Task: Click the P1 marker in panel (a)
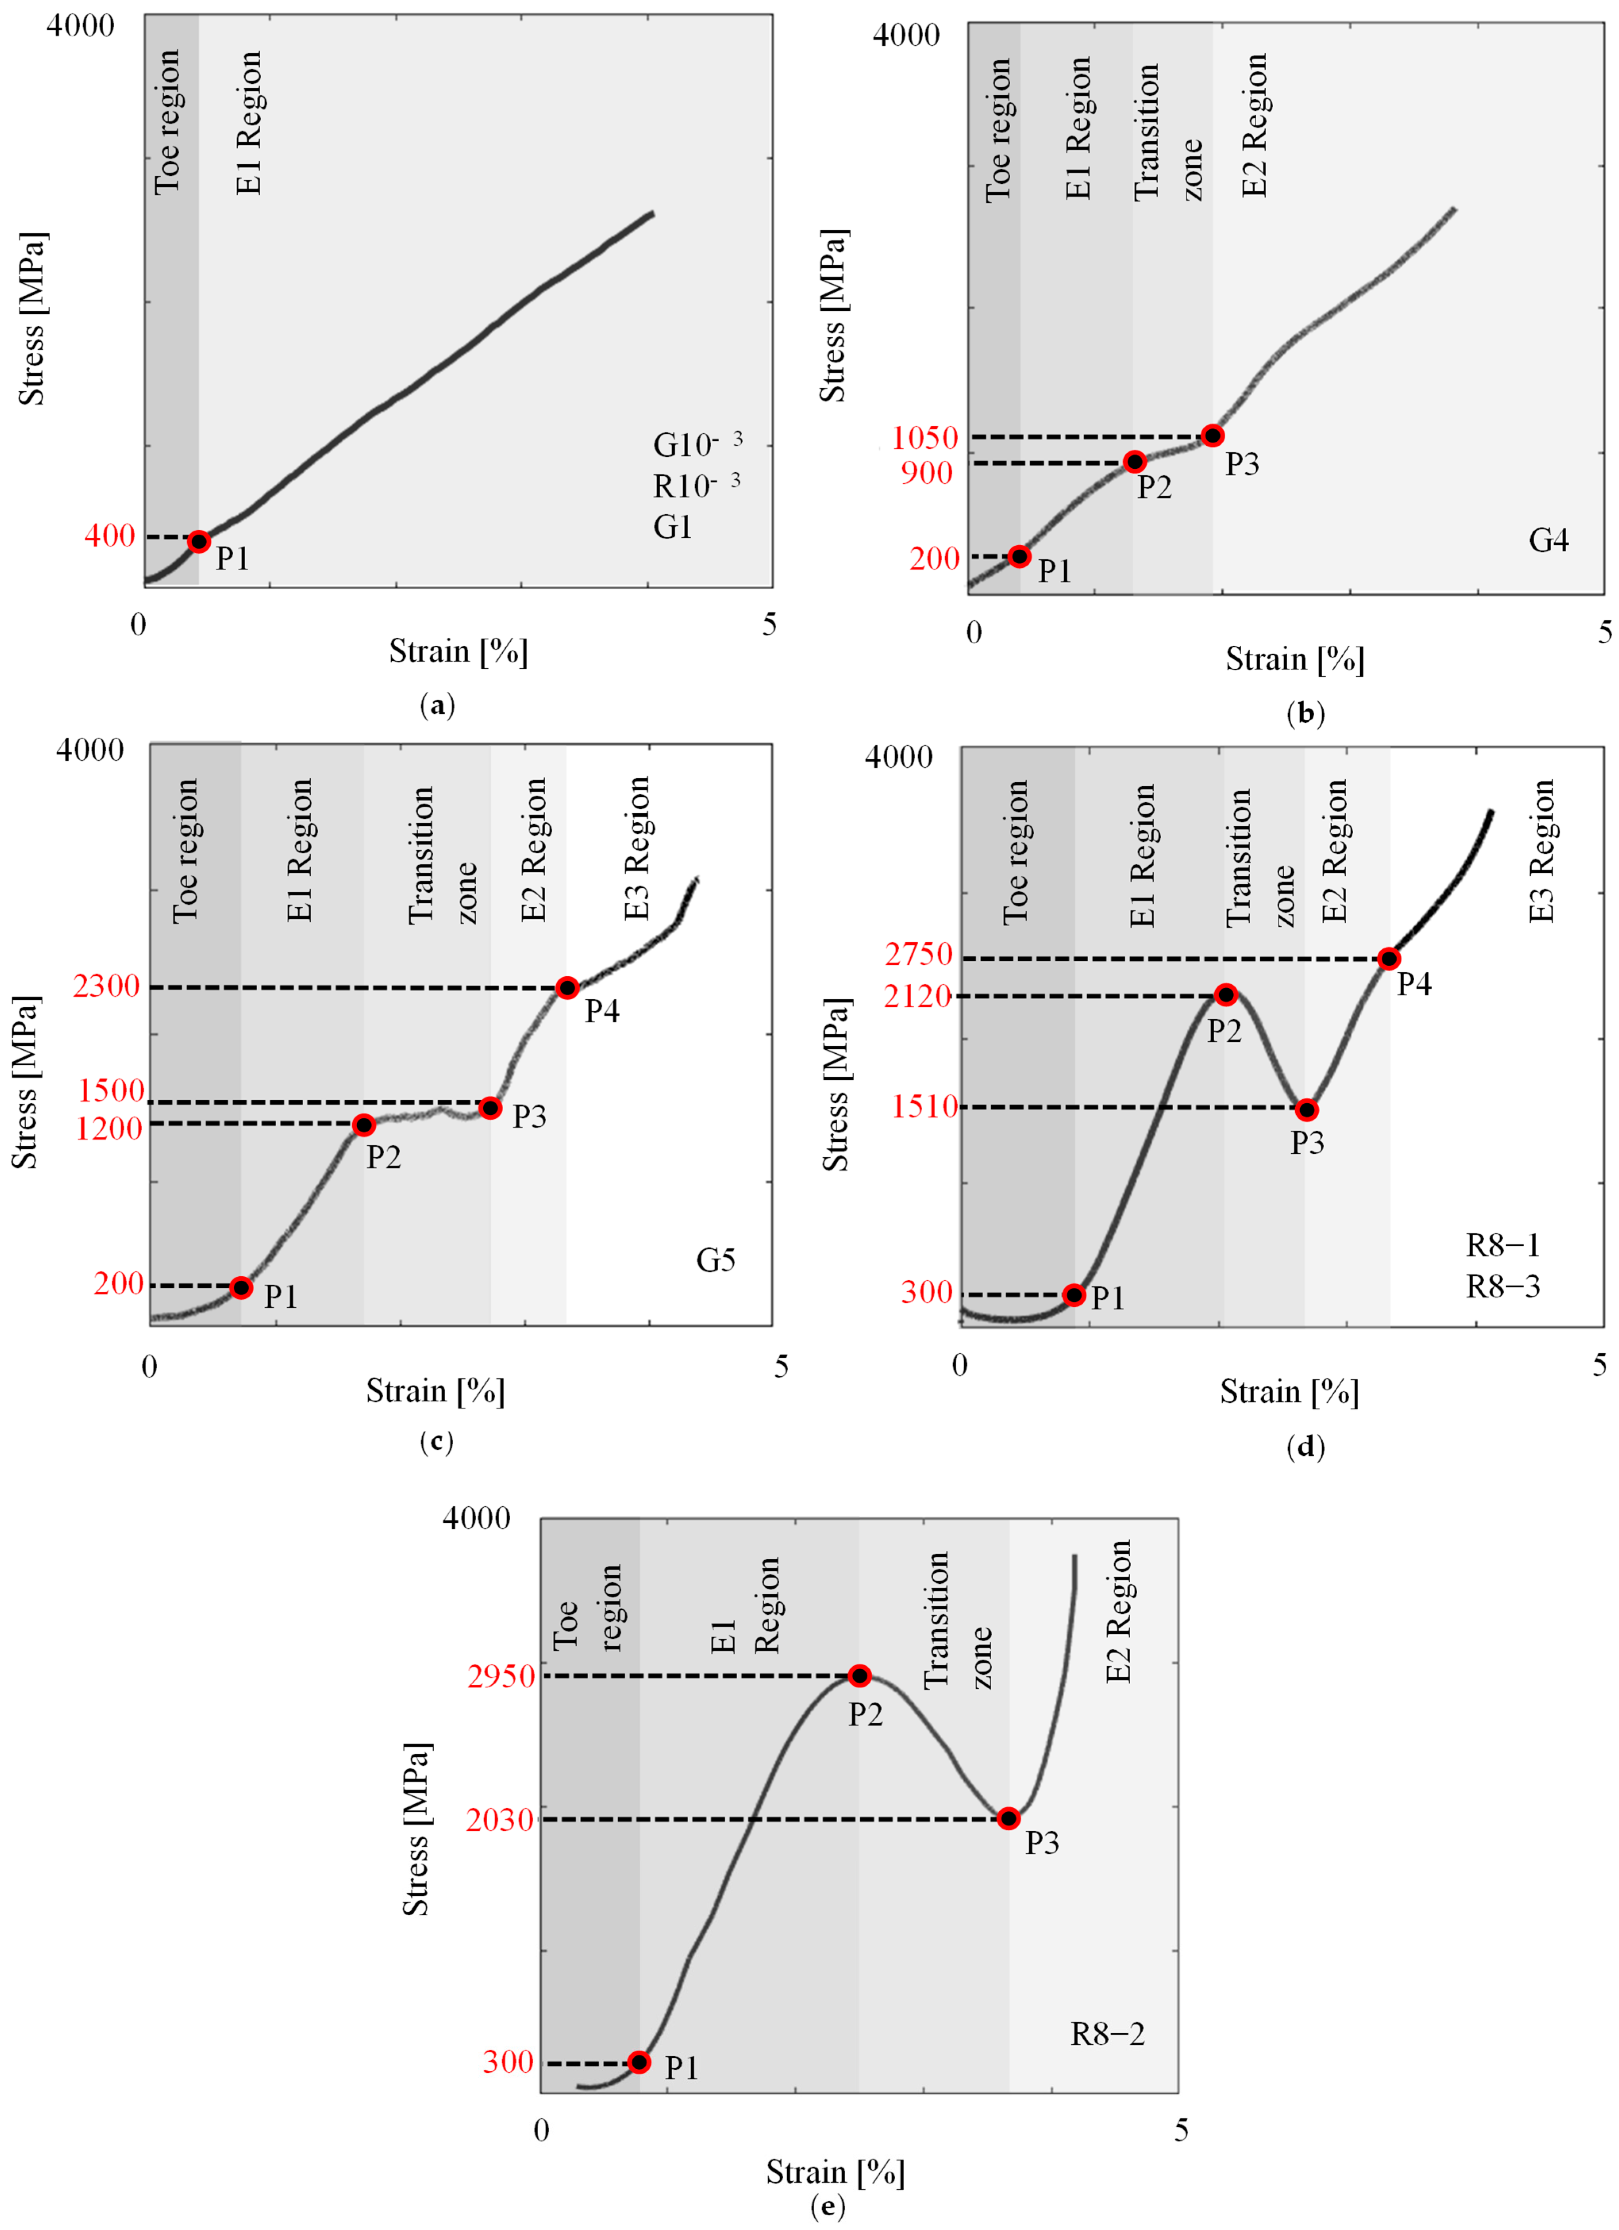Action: click(x=198, y=541)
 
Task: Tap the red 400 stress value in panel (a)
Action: click(x=109, y=536)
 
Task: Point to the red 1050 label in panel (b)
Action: click(x=924, y=437)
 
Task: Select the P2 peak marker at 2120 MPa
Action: click(x=1225, y=995)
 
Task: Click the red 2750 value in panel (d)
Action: click(x=918, y=954)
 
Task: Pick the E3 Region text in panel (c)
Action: click(x=637, y=849)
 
